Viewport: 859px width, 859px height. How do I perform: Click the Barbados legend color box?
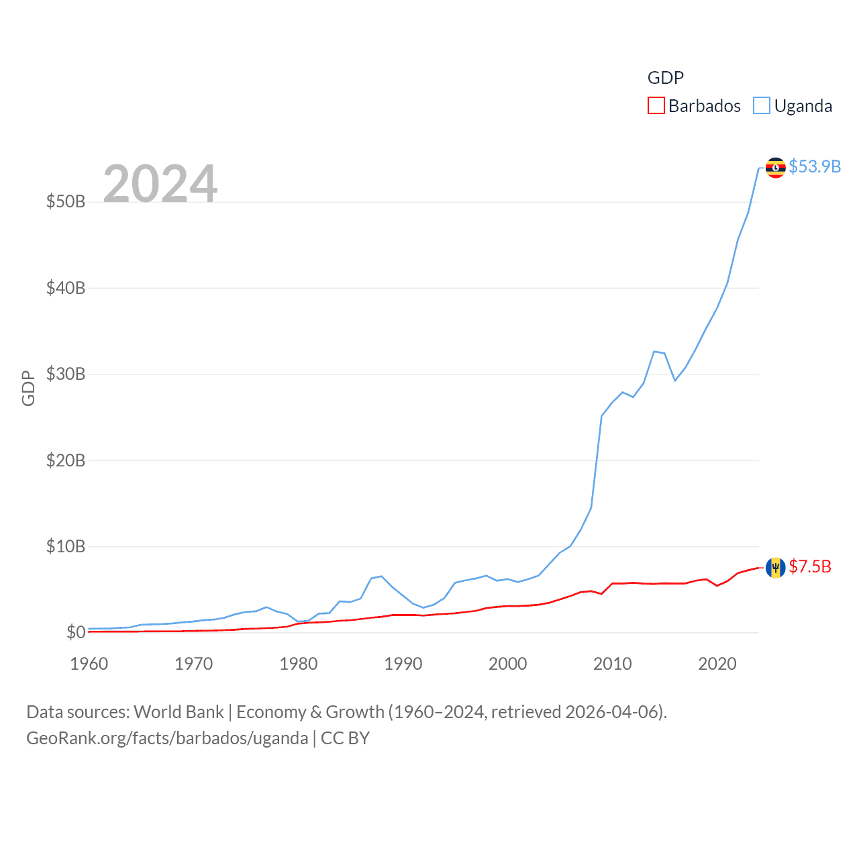point(656,106)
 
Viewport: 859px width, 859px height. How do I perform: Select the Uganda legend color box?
point(761,106)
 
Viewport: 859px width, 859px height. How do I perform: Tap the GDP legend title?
point(665,78)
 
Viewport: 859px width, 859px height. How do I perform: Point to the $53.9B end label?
point(814,166)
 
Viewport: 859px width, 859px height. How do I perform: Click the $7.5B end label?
point(809,567)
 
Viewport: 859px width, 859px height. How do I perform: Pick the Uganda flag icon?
point(775,167)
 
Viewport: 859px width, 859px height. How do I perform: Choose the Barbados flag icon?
point(775,568)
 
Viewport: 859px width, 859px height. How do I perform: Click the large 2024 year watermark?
point(160,183)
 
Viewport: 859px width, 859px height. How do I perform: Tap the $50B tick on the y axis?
point(66,201)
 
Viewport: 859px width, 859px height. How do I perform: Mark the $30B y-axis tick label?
point(66,374)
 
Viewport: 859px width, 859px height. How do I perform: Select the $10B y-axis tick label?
point(66,546)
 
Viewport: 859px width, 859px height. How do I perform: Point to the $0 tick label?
point(76,632)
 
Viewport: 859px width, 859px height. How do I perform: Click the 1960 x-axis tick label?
point(89,664)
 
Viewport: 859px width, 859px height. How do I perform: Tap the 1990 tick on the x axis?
point(403,664)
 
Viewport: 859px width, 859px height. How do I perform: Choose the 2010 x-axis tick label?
point(613,664)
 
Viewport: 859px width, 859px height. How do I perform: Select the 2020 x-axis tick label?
point(717,664)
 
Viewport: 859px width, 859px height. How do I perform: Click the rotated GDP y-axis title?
point(28,388)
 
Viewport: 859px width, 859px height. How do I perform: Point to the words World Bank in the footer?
point(179,712)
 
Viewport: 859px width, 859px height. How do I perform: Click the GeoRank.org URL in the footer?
point(167,738)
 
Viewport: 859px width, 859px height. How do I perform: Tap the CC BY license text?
point(345,738)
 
